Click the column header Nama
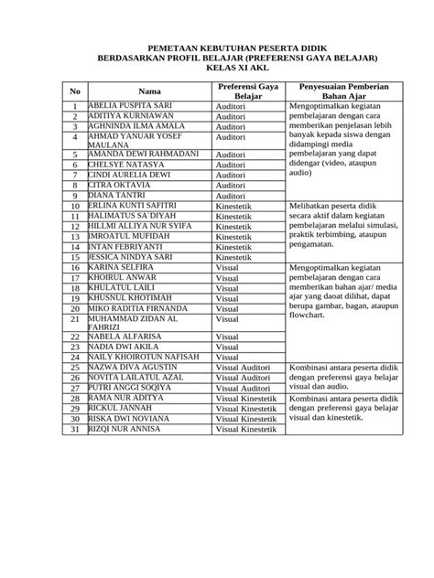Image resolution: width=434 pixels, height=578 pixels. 149,91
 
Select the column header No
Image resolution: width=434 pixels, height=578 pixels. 75,91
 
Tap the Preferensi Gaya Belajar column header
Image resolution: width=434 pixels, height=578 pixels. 247,91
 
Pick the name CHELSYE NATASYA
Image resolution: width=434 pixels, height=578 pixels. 125,165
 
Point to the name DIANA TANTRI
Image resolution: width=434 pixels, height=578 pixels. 116,195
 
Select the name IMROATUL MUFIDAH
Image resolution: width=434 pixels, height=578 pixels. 130,235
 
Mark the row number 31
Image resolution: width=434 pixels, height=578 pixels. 75,429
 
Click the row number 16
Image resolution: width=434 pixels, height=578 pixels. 75,266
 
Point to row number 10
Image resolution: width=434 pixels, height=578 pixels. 75,206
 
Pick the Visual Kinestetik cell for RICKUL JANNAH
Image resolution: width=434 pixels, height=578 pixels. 246,408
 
